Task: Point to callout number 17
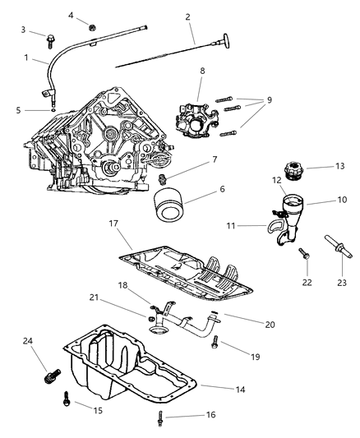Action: click(x=113, y=223)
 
